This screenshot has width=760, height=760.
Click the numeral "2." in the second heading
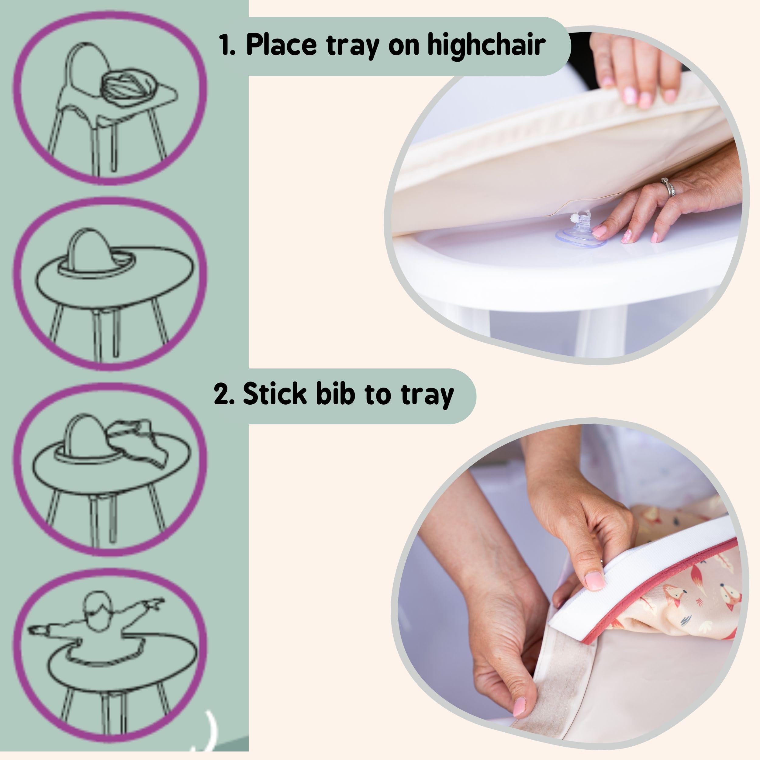224,394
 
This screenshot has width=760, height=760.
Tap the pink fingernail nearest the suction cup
600,231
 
